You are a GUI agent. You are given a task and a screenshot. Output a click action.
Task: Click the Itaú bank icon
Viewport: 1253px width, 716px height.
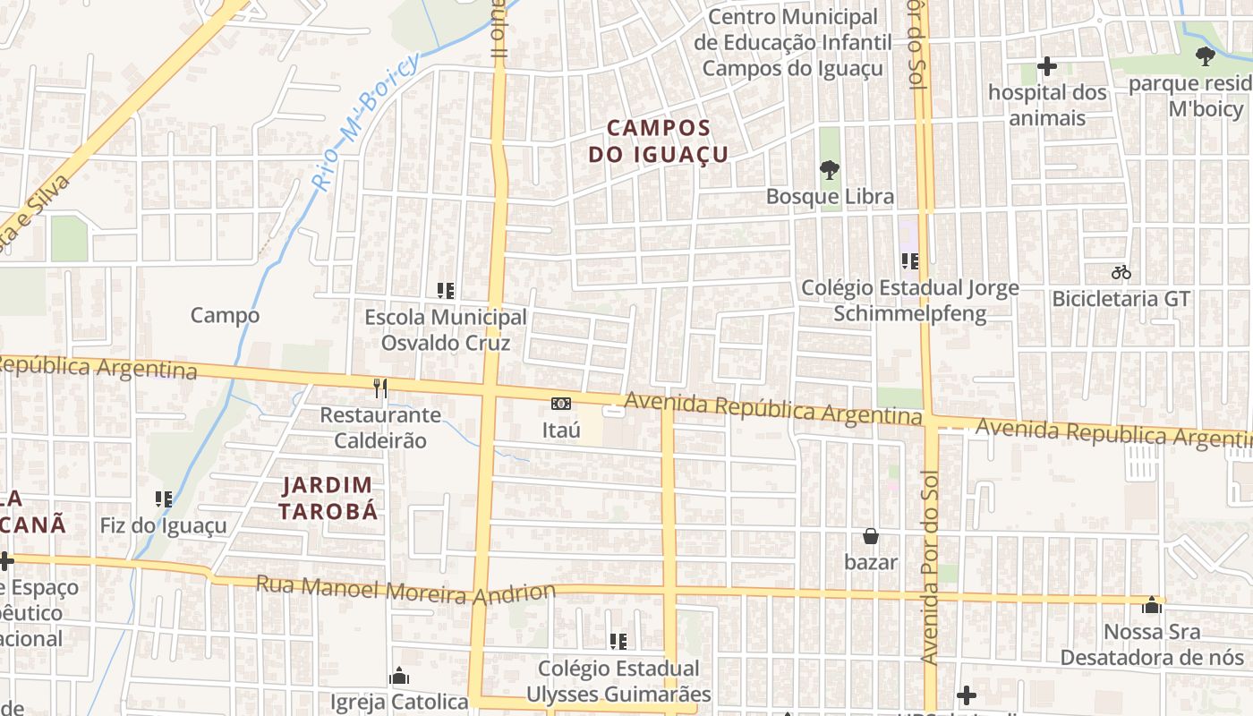[561, 405]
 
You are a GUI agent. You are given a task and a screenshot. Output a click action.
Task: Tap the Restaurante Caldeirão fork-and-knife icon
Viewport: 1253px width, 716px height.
[380, 388]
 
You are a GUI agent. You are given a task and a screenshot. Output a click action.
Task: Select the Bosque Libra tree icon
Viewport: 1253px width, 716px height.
[830, 169]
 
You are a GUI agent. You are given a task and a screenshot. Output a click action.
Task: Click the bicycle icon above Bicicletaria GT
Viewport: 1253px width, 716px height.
[1121, 272]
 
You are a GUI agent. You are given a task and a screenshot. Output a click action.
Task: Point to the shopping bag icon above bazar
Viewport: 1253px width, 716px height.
[870, 536]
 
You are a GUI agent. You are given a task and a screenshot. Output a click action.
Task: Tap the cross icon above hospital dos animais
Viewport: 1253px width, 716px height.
[1046, 66]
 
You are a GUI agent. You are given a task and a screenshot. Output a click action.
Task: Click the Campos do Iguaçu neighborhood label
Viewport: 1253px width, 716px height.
[658, 141]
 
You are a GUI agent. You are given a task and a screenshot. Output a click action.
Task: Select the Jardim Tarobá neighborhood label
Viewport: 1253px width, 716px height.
[327, 499]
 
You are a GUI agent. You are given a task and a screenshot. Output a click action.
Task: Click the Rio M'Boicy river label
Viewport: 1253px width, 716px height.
[366, 120]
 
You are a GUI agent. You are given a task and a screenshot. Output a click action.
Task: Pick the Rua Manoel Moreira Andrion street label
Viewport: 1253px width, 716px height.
[405, 591]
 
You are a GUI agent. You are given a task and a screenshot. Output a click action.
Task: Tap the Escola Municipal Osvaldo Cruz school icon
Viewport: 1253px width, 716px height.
[445, 290]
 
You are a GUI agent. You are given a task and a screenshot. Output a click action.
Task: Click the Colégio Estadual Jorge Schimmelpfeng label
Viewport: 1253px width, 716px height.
[909, 301]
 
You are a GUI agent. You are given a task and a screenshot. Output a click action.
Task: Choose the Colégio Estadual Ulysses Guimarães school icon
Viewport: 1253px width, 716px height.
[618, 641]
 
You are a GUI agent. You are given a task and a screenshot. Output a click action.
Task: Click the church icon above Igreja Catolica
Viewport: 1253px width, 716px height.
[399, 675]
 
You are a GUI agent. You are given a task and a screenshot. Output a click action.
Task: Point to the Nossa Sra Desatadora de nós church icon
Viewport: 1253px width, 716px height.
[1151, 605]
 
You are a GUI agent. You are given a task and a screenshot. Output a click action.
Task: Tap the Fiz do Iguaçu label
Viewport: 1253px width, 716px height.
[164, 525]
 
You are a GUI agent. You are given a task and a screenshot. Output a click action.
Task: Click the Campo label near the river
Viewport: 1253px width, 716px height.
[225, 315]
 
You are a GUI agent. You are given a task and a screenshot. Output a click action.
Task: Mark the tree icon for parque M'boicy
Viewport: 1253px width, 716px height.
[1205, 56]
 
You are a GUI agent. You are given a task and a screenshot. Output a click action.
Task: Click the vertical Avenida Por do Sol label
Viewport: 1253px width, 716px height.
[929, 568]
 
